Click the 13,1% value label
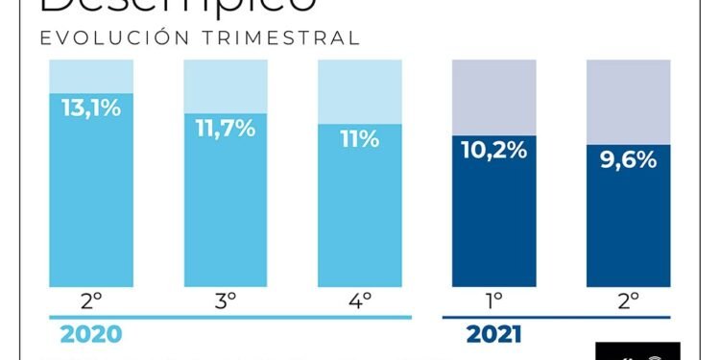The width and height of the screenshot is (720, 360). click(x=92, y=108)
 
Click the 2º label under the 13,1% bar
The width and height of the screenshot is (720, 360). click(x=92, y=300)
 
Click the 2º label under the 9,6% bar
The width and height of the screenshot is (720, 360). click(x=629, y=300)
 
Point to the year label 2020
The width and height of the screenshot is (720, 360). click(x=90, y=335)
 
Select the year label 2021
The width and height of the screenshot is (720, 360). click(x=493, y=335)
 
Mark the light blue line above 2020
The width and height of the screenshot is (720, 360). click(x=230, y=318)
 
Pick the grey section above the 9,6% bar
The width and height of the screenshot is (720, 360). click(x=629, y=101)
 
